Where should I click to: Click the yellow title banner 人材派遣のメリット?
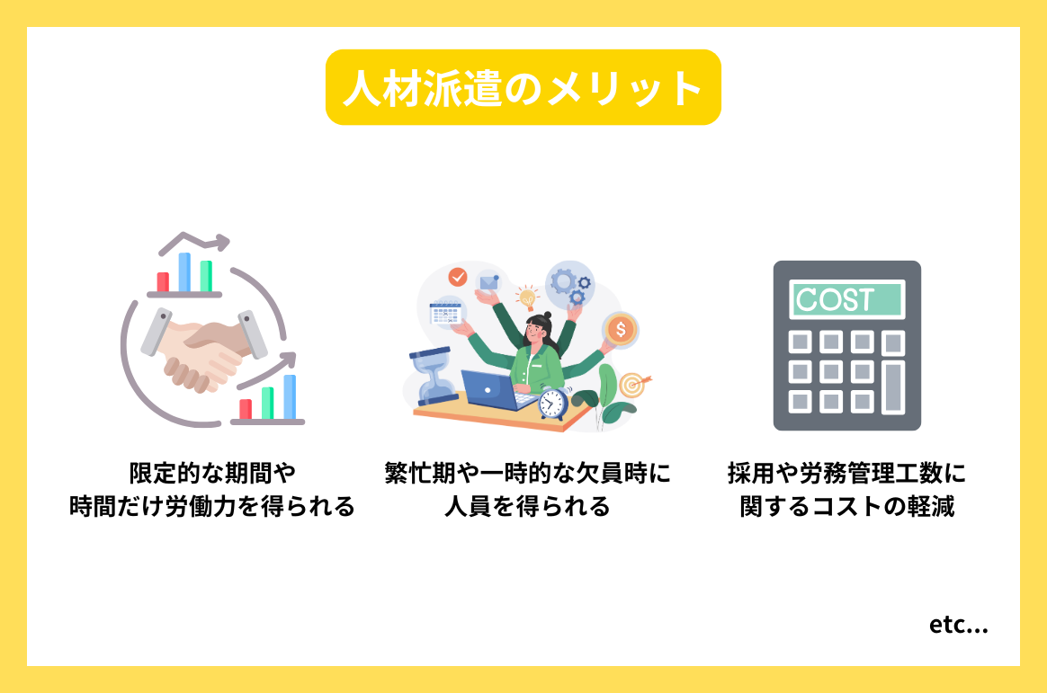[x=523, y=87]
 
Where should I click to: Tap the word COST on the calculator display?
[x=836, y=299]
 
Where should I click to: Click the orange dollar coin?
[x=620, y=330]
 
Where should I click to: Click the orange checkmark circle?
[x=458, y=276]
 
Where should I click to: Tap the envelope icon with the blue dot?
[x=488, y=282]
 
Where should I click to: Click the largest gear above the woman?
[x=565, y=280]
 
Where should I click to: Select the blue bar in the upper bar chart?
[x=184, y=271]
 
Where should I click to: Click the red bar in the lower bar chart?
[x=245, y=409]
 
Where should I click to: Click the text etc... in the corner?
[x=959, y=626]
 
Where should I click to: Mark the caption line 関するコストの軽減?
[x=846, y=507]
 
